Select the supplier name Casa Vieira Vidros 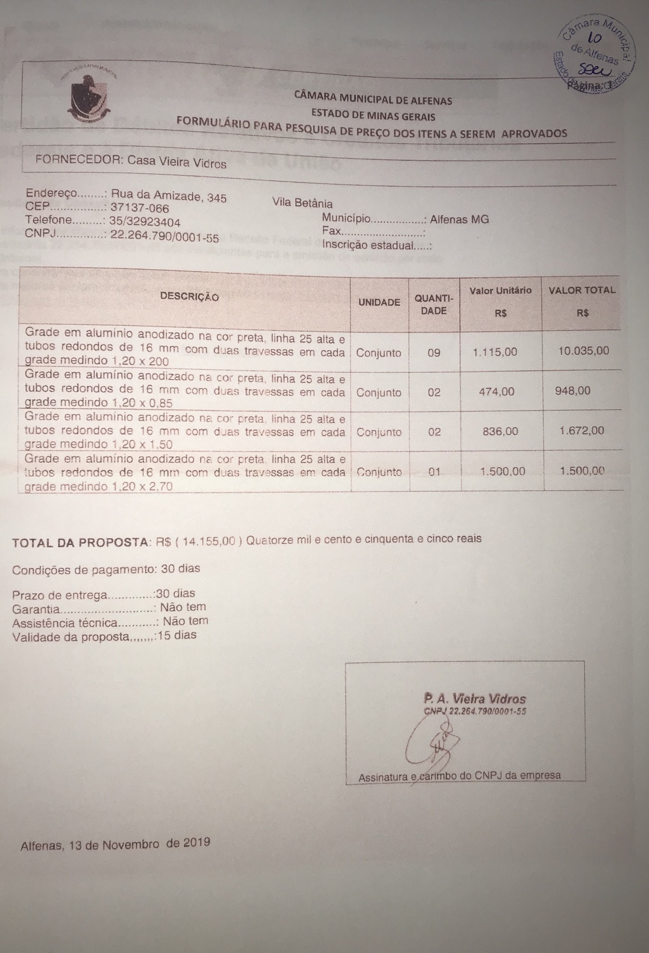tap(177, 162)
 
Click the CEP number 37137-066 tap(139, 208)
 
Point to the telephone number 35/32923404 tap(145, 222)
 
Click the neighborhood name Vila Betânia tap(303, 203)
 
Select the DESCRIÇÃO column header tap(189, 297)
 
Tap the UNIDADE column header tap(379, 302)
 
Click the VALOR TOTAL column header tap(582, 290)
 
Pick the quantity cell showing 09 tap(434, 353)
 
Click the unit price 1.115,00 tap(495, 352)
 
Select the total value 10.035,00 tap(584, 351)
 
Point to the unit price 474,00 tap(496, 392)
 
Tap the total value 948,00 tap(573, 391)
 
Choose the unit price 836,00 tap(500, 432)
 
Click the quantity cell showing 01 tap(434, 471)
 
